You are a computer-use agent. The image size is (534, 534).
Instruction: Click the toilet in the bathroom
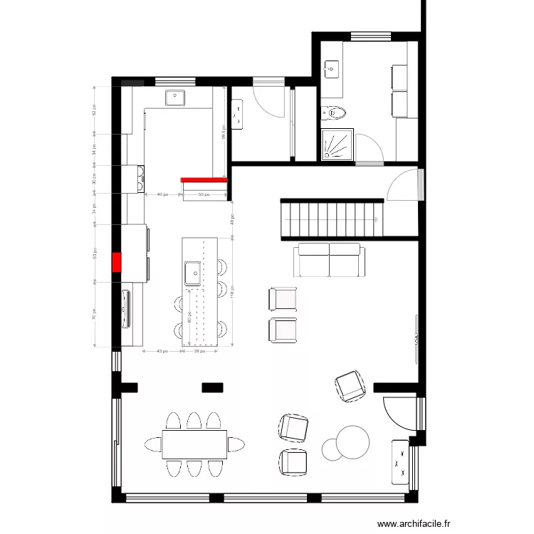pos(335,112)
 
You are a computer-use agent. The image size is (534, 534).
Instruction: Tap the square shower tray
pos(337,145)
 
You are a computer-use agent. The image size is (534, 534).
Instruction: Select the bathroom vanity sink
pos(331,68)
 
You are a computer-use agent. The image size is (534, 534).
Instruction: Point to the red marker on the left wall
pos(115,263)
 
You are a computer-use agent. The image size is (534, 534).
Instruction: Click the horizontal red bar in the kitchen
pos(204,181)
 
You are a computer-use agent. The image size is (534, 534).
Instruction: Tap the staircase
pos(333,219)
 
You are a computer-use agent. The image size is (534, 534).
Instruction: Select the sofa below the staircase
pos(329,260)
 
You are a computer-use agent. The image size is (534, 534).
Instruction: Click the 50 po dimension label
pos(204,194)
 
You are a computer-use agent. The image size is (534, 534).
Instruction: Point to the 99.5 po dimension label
pos(224,132)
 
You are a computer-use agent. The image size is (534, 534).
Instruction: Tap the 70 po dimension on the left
pos(95,313)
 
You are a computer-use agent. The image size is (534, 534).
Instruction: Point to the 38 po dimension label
pos(201,351)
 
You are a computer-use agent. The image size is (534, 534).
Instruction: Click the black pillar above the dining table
pos(212,387)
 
